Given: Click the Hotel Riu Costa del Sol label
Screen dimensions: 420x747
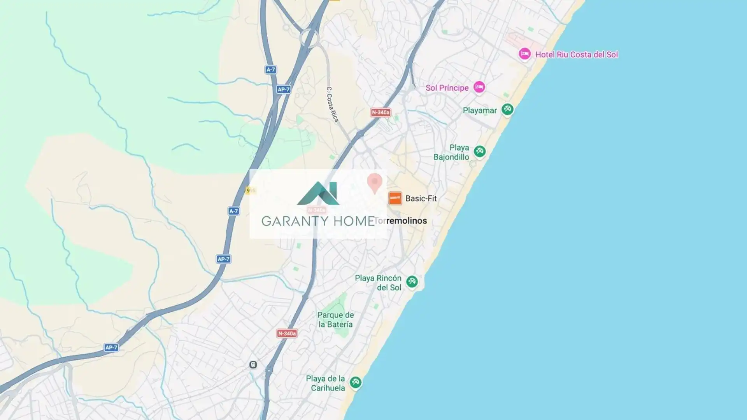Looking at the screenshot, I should click(576, 55).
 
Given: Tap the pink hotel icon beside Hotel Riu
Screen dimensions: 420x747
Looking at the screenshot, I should click(524, 54).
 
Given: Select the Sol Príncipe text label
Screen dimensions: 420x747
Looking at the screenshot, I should click(447, 88).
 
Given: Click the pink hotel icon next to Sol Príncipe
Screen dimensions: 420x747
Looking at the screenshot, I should click(479, 87).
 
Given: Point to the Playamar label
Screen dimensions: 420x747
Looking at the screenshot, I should click(479, 110).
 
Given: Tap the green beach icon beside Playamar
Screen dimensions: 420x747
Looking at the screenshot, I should click(507, 109).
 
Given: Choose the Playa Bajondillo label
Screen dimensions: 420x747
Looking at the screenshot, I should click(451, 152).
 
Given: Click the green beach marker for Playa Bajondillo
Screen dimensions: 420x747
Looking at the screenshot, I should click(480, 151).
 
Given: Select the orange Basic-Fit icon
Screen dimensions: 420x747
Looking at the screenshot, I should click(395, 198).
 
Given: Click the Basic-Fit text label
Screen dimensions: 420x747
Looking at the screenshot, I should click(421, 198).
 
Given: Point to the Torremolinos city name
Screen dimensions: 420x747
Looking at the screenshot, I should click(401, 221).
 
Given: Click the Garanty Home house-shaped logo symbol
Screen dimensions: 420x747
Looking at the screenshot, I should click(318, 193).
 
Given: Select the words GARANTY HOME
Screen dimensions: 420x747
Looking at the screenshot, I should click(318, 221).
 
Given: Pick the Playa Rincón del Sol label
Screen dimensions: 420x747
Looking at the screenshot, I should click(378, 283).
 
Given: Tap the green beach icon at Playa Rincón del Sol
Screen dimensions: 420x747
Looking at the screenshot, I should click(412, 281).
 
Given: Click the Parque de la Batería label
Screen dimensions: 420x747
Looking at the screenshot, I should click(335, 320).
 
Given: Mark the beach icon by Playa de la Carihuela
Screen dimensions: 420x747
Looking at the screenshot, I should click(355, 382).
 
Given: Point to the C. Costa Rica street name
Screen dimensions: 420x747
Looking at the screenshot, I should click(332, 104).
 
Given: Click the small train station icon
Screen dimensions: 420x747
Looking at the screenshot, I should click(253, 365).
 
